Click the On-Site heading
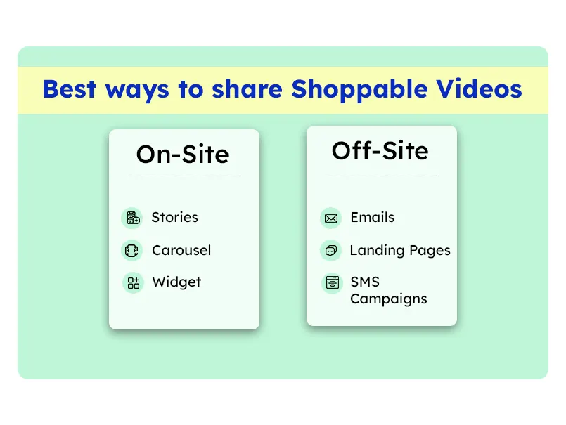pyautogui.click(x=183, y=154)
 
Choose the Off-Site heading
pyautogui.click(x=380, y=150)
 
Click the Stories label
pyautogui.click(x=174, y=217)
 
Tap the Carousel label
pyautogui.click(x=181, y=250)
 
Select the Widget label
pyautogui.click(x=176, y=282)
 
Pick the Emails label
pyautogui.click(x=373, y=217)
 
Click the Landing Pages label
pyautogui.click(x=400, y=250)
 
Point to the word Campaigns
pyautogui.click(x=389, y=299)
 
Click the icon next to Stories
pyautogui.click(x=132, y=218)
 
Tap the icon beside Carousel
pyautogui.click(x=132, y=251)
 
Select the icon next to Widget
pyautogui.click(x=132, y=283)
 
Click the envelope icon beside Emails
pyautogui.click(x=330, y=218)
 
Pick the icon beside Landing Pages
pyautogui.click(x=330, y=251)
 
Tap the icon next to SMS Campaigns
pyautogui.click(x=330, y=283)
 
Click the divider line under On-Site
pyautogui.click(x=184, y=176)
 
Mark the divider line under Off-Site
pyautogui.click(x=382, y=176)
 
